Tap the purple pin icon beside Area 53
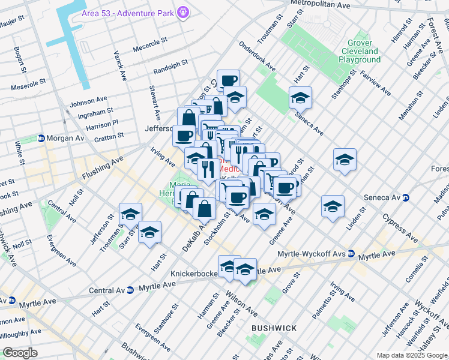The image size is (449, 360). [184, 12]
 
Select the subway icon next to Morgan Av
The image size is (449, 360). [41, 138]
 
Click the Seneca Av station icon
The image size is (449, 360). [406, 197]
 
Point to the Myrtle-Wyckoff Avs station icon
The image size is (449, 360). [351, 254]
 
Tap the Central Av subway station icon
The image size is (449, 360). [130, 290]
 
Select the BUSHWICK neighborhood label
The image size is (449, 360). [274, 328]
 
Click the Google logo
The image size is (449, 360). [20, 353]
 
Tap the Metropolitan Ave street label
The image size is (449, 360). [320, 4]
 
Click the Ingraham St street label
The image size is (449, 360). [95, 113]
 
